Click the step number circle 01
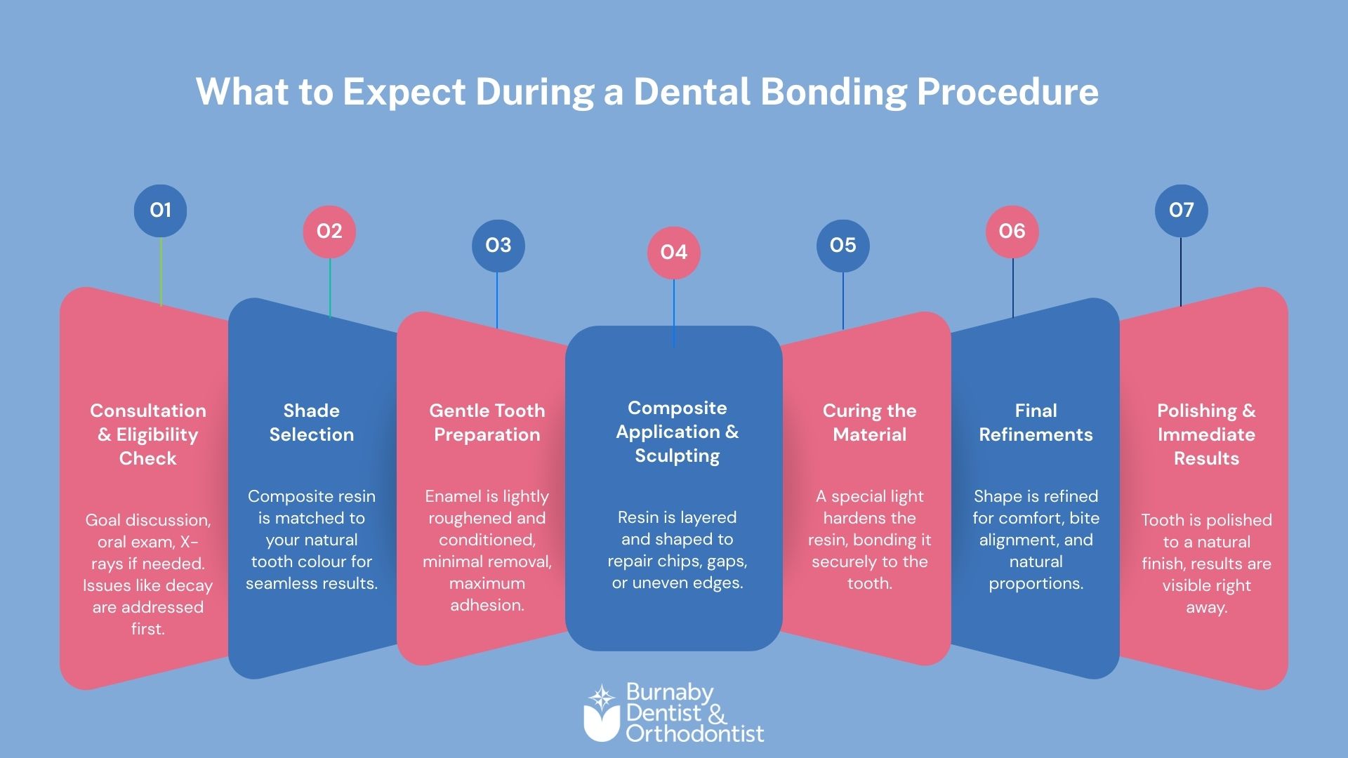click(160, 211)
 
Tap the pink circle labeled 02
click(329, 232)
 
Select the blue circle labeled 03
click(498, 246)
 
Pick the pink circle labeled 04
click(674, 253)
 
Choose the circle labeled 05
click(842, 246)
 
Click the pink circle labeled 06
click(1012, 232)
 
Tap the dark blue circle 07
click(1181, 211)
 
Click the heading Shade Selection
click(312, 423)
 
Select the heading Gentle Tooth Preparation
click(487, 423)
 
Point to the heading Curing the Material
click(869, 423)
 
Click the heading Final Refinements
click(1036, 423)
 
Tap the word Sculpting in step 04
click(678, 456)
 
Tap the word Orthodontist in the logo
click(694, 734)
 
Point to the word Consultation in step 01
click(148, 411)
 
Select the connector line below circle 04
click(674, 312)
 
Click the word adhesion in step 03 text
click(487, 605)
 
